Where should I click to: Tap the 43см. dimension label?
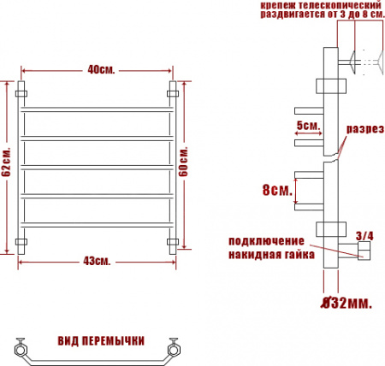[99, 260]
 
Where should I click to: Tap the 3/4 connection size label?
[364, 234]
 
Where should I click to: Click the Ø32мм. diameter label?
[346, 301]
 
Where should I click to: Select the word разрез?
[363, 130]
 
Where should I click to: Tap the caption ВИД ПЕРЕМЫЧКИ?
[101, 339]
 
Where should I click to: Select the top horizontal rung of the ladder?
[99, 110]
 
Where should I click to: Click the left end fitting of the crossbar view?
[20, 348]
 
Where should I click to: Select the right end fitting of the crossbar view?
[176, 348]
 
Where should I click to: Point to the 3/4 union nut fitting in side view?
[364, 251]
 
